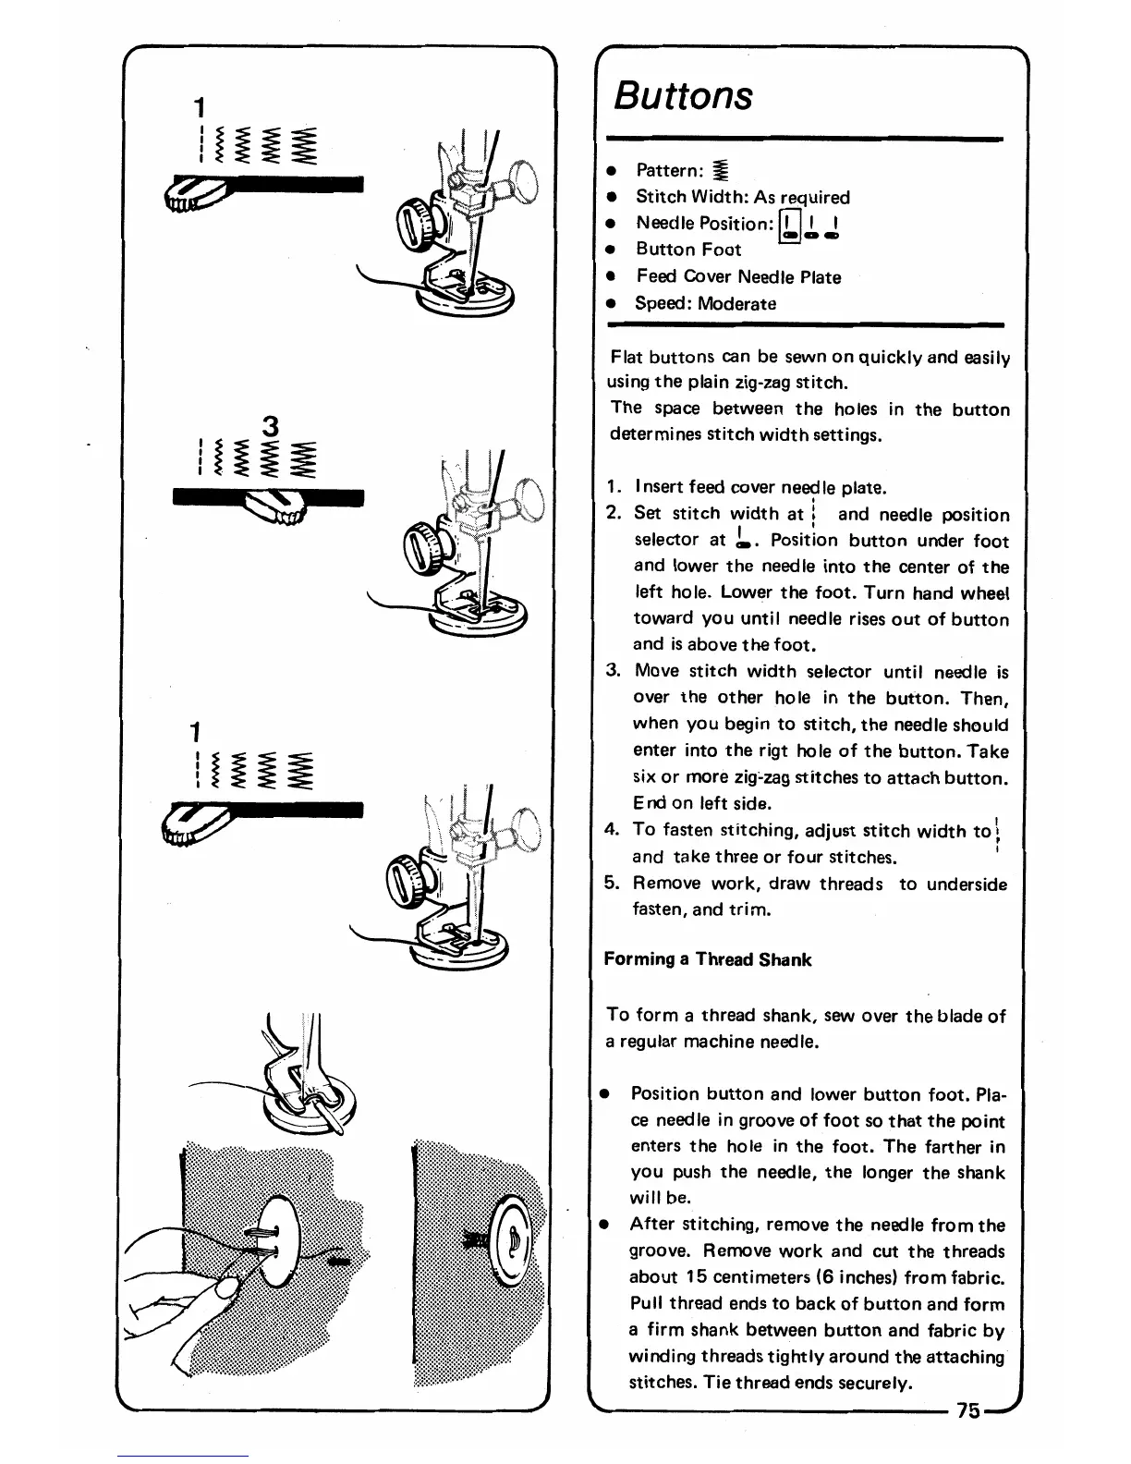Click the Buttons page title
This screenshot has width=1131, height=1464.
(684, 95)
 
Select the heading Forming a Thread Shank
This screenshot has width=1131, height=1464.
(707, 959)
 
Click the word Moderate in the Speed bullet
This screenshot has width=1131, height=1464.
(736, 303)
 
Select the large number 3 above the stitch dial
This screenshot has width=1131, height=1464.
(271, 427)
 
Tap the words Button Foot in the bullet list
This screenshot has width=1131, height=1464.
(688, 250)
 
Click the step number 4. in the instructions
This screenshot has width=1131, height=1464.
(612, 830)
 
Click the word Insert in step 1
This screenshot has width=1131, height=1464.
(659, 487)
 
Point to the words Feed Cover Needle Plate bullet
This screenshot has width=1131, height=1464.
(738, 277)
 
